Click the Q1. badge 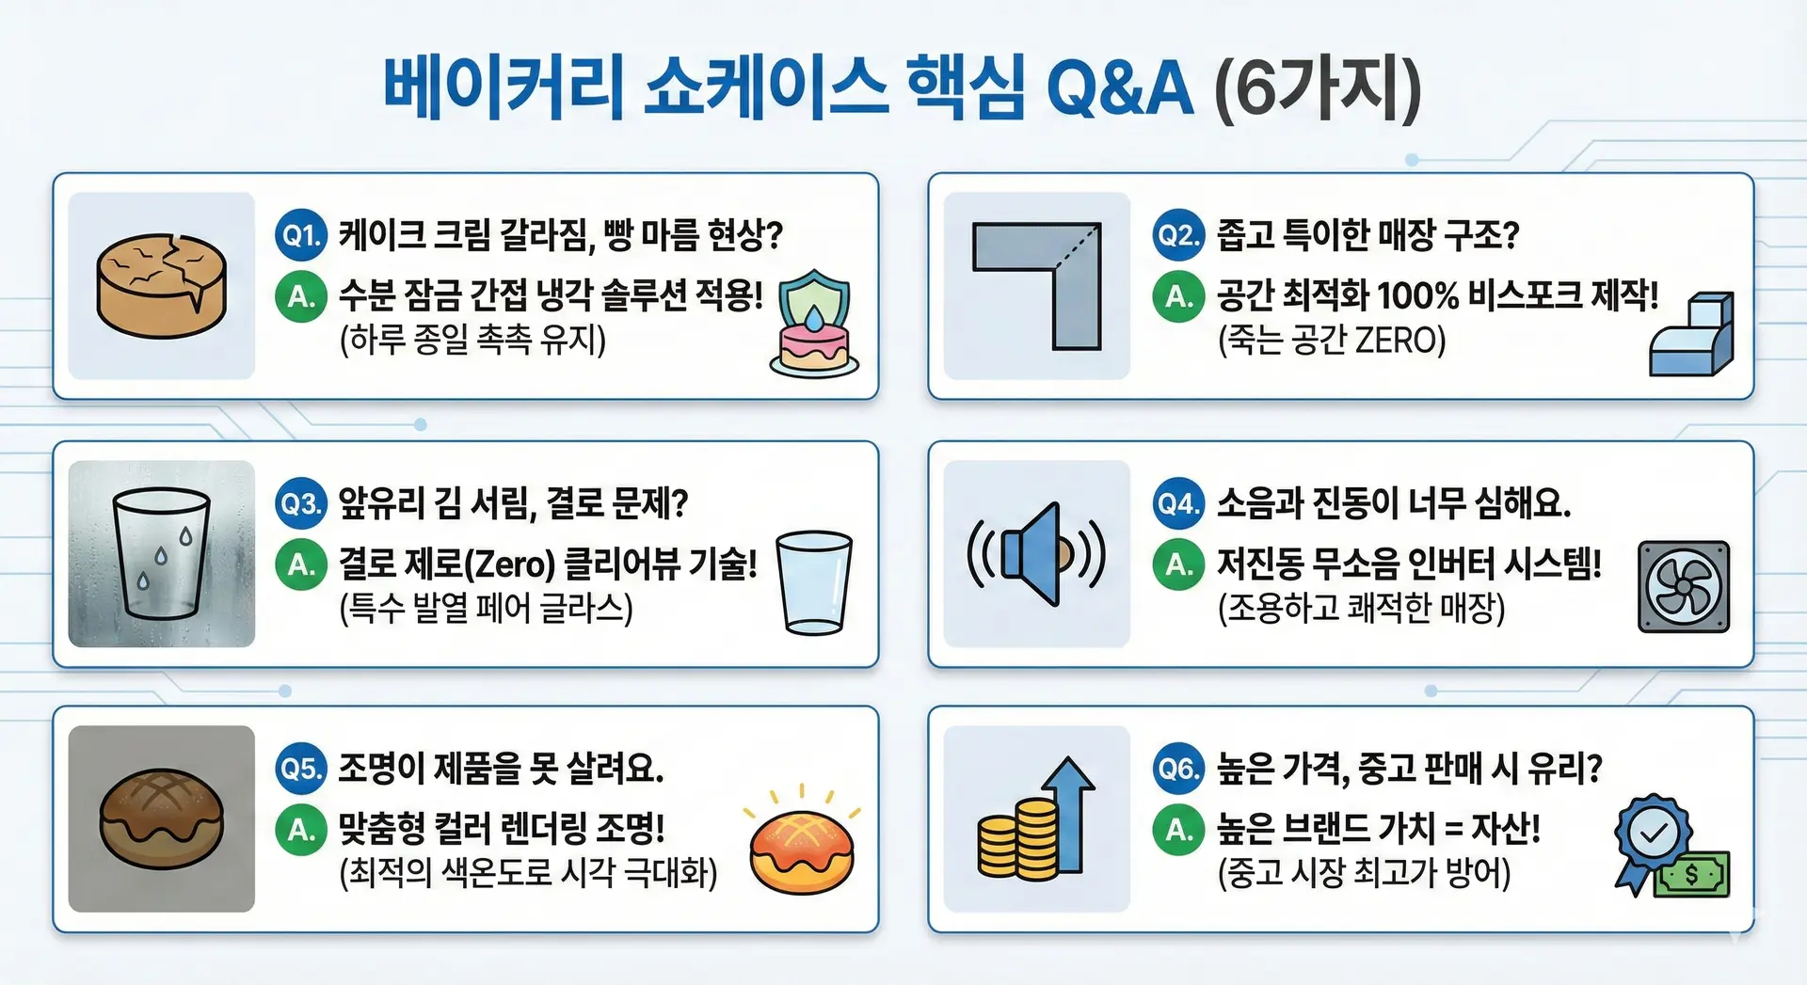click(300, 234)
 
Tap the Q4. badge click(1178, 503)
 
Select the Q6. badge click(1178, 769)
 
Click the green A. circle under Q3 click(300, 564)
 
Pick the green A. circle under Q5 click(300, 830)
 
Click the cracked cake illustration click(162, 286)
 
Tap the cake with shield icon click(814, 324)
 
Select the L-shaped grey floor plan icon click(1037, 286)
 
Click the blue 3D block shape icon click(1691, 334)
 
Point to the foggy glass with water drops click(162, 553)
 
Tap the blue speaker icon click(1036, 554)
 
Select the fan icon click(1684, 586)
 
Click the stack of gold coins click(1017, 840)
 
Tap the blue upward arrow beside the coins click(1069, 815)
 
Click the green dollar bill click(1692, 875)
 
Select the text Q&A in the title click(1119, 89)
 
